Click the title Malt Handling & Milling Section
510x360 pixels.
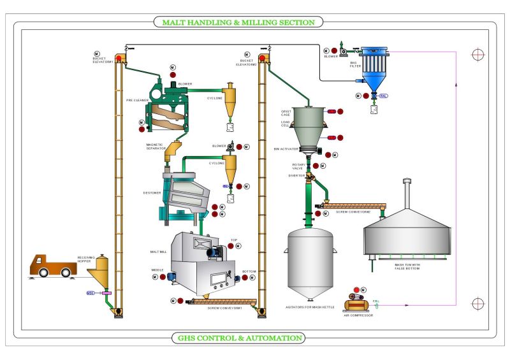click(x=238, y=22)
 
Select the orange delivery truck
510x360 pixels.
click(x=52, y=265)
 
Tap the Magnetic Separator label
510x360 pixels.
click(x=155, y=147)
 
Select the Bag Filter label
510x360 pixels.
click(x=354, y=64)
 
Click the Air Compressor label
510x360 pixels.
click(x=358, y=314)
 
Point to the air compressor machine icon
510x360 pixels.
click(x=354, y=304)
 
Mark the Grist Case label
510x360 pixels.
click(x=286, y=113)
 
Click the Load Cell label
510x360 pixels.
click(x=286, y=123)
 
